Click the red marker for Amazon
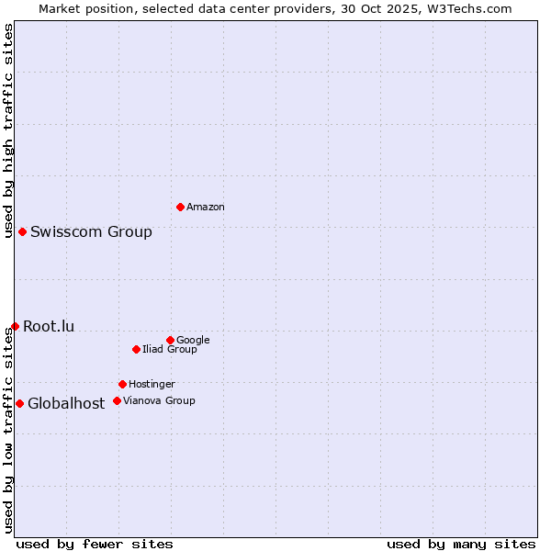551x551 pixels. click(180, 207)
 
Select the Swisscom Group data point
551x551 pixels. click(22, 231)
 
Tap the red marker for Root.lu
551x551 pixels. click(15, 326)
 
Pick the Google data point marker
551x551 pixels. click(170, 340)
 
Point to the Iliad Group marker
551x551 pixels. click(136, 349)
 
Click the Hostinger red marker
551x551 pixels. click(122, 384)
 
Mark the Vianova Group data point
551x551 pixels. click(117, 400)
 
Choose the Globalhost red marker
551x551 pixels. click(19, 403)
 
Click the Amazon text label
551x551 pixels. click(206, 208)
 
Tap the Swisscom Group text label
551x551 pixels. click(91, 231)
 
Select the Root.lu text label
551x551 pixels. click(49, 326)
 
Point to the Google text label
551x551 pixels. click(193, 341)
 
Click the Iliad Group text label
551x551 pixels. click(170, 350)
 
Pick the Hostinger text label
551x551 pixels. click(152, 385)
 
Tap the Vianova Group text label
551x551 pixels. click(159, 401)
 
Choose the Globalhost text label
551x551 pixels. click(66, 403)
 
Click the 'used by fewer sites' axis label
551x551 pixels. click(95, 544)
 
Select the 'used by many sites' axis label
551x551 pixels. click(461, 544)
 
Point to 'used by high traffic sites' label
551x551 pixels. click(8, 130)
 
